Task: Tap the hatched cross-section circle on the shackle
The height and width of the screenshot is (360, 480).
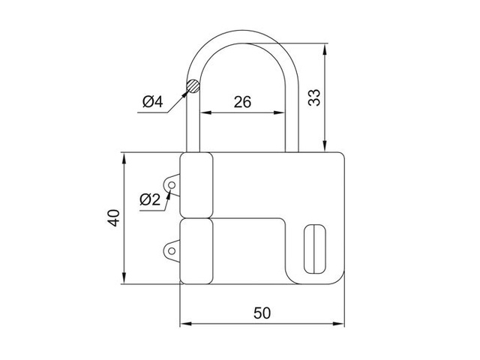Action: (x=193, y=86)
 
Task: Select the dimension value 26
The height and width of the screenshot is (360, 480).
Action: (x=241, y=103)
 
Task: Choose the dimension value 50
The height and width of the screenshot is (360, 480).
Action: (x=262, y=313)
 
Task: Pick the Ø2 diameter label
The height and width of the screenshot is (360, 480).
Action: (x=150, y=199)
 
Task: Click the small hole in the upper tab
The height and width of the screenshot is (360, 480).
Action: (x=173, y=184)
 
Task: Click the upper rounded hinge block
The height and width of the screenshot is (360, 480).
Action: (x=197, y=184)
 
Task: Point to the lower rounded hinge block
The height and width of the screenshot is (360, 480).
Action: (x=197, y=251)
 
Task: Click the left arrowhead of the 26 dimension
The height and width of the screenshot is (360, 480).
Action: (x=203, y=113)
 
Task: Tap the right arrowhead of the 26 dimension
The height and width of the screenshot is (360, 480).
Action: (x=284, y=113)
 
